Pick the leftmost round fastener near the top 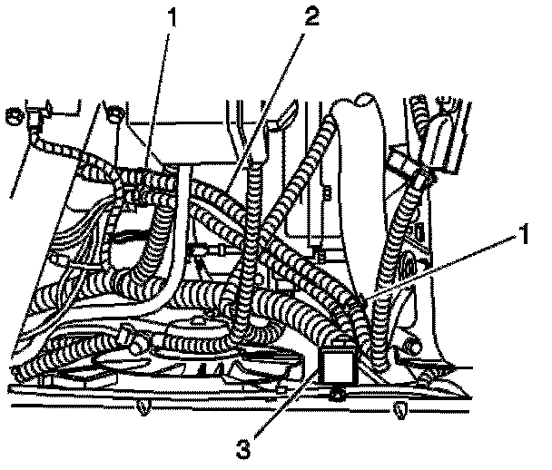coord(14,114)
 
